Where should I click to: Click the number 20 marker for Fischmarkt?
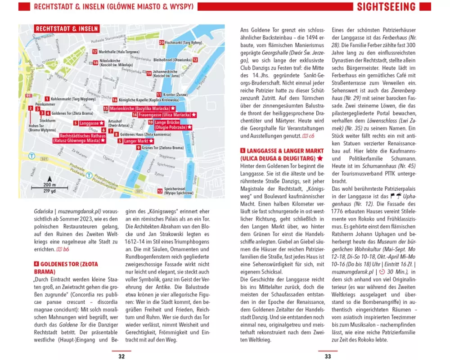click(x=162, y=42)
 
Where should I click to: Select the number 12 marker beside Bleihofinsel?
click(x=149, y=59)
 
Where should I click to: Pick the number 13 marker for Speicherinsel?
click(x=160, y=191)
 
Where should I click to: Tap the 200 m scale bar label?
click(x=50, y=185)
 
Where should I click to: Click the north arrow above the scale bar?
click(x=50, y=178)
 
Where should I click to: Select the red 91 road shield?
click(x=29, y=96)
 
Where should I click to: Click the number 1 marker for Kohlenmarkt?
click(x=47, y=98)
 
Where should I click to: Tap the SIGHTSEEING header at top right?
click(x=386, y=7)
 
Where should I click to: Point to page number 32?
click(x=121, y=356)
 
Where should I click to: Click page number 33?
click(x=328, y=356)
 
